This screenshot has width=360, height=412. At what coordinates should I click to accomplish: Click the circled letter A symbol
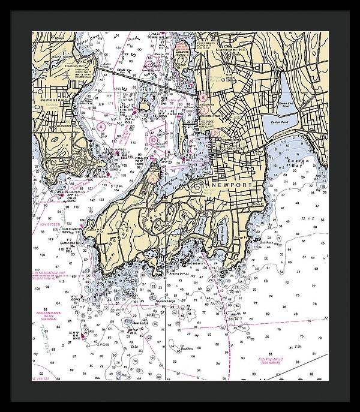(x=101, y=127)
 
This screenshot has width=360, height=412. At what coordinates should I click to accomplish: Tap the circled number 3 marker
(x=204, y=109)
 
